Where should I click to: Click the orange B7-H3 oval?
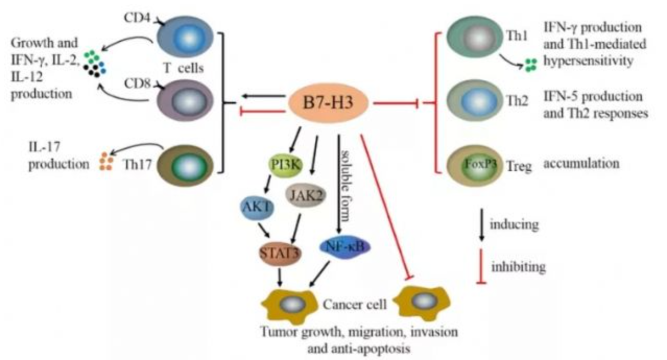pyautogui.click(x=328, y=103)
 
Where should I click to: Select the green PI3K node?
pyautogui.click(x=286, y=165)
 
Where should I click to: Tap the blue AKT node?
pyautogui.click(x=257, y=207)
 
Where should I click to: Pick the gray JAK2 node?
pyautogui.click(x=306, y=195)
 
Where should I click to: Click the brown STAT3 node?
pyautogui.click(x=280, y=254)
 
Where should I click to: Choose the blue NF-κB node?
pyautogui.click(x=345, y=247)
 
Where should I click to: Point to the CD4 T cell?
pyautogui.click(x=185, y=37)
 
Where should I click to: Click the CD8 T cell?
pyautogui.click(x=185, y=100)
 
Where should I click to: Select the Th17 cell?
pyautogui.click(x=185, y=165)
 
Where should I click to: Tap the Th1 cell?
pyautogui.click(x=474, y=37)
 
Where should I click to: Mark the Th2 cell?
pyautogui.click(x=474, y=101)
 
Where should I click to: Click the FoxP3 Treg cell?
pyautogui.click(x=474, y=166)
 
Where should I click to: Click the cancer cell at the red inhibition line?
pyautogui.click(x=422, y=303)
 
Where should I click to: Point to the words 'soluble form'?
pyautogui.click(x=346, y=186)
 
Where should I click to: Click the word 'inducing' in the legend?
pyautogui.click(x=514, y=224)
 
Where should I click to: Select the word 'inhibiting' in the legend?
pyautogui.click(x=518, y=267)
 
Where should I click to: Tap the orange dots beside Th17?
pyautogui.click(x=106, y=161)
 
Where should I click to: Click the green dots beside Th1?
pyautogui.click(x=531, y=65)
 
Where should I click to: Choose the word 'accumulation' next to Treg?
pyautogui.click(x=581, y=163)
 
